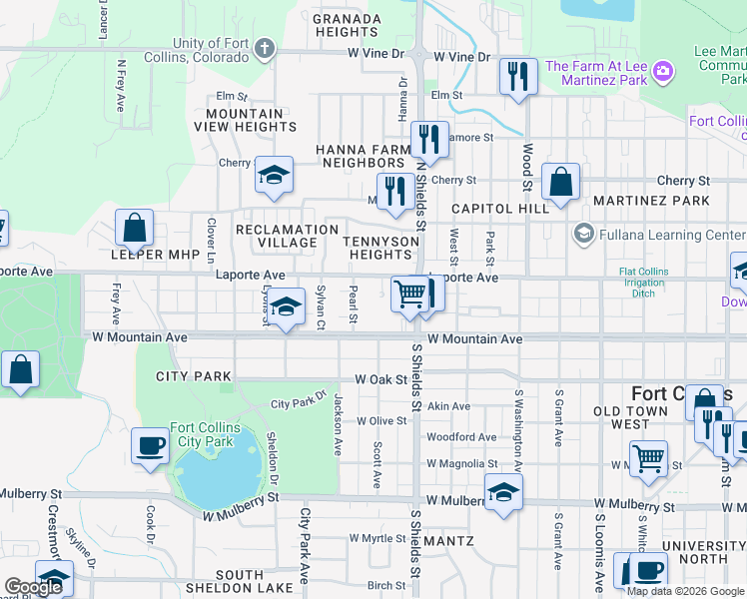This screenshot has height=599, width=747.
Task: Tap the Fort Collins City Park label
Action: [205, 434]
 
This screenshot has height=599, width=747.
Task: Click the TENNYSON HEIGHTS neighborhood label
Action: [380, 248]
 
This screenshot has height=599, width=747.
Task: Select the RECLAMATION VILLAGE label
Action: [287, 236]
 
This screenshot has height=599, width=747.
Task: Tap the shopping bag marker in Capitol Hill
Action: [561, 182]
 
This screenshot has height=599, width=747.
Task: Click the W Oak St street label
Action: [381, 379]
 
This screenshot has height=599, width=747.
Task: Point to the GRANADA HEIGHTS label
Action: [348, 25]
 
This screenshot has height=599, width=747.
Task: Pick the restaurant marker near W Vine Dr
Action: [517, 76]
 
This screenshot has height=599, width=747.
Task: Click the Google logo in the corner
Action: [32, 587]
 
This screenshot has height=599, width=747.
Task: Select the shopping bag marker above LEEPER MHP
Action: [134, 228]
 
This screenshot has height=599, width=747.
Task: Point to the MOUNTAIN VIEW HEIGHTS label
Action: [245, 120]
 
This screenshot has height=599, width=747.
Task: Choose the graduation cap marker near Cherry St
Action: [273, 175]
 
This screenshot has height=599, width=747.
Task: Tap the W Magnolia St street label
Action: [461, 464]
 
